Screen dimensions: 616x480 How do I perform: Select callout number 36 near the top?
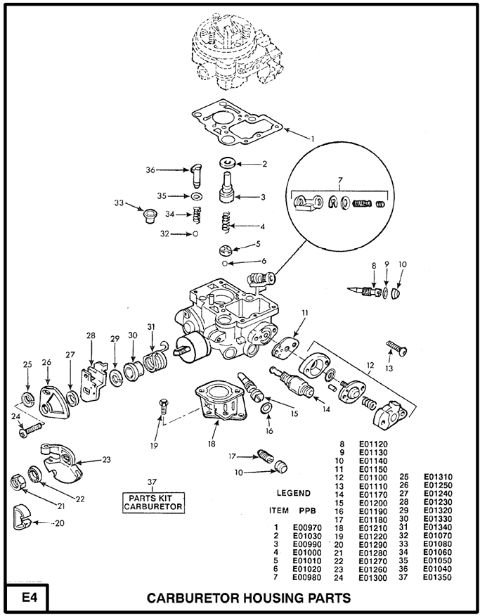tap(150, 169)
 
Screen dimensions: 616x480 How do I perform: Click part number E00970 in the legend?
tap(306, 527)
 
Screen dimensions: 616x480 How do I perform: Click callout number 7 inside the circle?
tap(339, 180)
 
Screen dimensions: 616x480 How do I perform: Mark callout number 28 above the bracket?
tap(90, 335)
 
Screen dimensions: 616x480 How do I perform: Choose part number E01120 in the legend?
tap(373, 444)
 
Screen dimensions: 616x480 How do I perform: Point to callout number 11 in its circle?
tap(304, 312)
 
